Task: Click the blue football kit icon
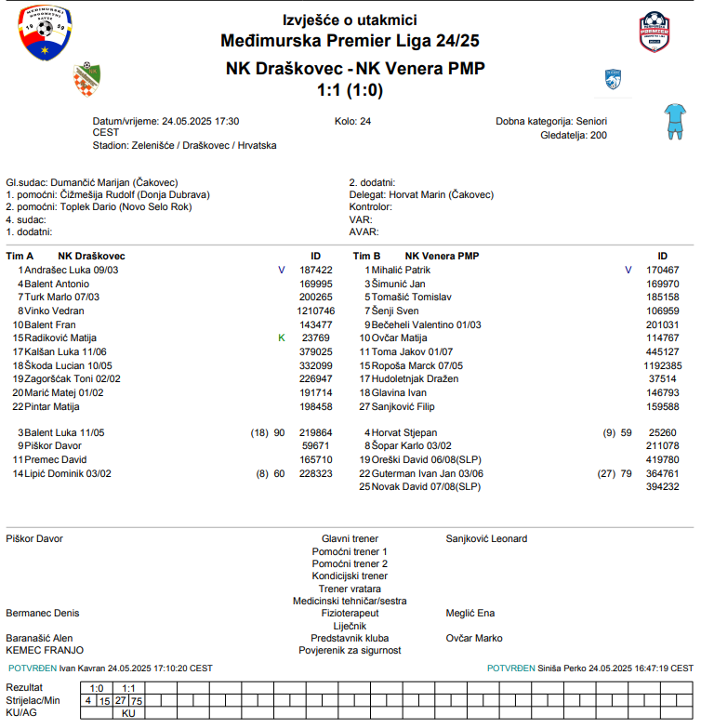[x=673, y=120]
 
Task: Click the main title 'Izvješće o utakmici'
[x=350, y=20]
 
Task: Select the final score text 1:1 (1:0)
[x=350, y=90]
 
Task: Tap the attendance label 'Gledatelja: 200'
[x=574, y=135]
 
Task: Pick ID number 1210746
[x=315, y=311]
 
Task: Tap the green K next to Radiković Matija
[x=282, y=338]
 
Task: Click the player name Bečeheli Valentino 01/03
[x=426, y=324]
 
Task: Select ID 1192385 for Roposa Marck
[x=663, y=365]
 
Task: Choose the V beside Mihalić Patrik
[x=628, y=270]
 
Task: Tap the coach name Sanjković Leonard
[x=486, y=538]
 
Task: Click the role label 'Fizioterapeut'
[x=350, y=614]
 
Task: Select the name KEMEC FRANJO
[x=45, y=651]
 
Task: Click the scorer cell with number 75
[x=137, y=701]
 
